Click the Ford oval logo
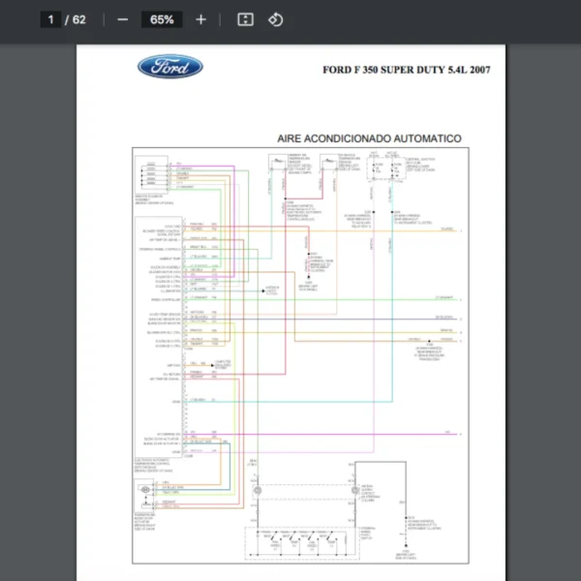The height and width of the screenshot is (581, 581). [170, 67]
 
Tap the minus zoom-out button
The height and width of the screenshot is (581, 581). [122, 19]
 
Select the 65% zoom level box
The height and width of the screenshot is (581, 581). [162, 19]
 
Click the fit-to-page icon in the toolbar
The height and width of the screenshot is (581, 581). [246, 19]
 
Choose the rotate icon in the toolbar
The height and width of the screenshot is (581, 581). [276, 19]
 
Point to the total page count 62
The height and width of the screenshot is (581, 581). [78, 19]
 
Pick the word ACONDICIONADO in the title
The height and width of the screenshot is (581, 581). [352, 138]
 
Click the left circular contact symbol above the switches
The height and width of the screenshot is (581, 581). [259, 491]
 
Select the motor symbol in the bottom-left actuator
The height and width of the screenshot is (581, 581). [145, 492]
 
